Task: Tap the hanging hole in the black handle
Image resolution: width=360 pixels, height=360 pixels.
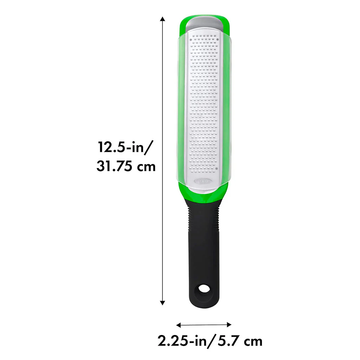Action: tap(204, 289)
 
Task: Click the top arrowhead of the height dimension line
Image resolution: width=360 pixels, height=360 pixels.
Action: tap(162, 19)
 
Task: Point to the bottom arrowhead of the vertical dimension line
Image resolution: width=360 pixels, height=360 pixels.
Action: tap(162, 303)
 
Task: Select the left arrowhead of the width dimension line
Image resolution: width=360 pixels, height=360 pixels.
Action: tap(179, 324)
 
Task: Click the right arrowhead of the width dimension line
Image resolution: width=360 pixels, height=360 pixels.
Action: tap(229, 324)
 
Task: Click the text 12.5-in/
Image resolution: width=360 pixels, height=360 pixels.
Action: tap(125, 147)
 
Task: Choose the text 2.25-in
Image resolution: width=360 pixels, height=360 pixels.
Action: tap(182, 341)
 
